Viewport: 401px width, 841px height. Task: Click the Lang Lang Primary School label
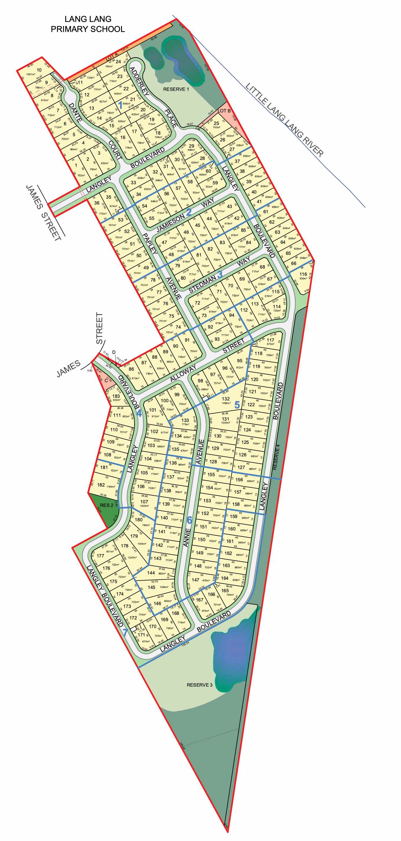tap(88, 24)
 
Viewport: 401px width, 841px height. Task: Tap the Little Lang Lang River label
tap(284, 119)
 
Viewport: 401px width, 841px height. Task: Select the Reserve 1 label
tap(176, 89)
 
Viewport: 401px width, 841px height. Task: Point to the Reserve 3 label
tap(199, 685)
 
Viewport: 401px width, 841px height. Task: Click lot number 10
tap(39, 70)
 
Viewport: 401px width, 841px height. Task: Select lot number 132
tap(226, 399)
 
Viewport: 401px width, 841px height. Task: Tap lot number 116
tap(303, 274)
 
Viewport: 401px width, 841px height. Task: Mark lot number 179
tap(134, 536)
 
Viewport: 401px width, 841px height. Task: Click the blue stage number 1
tap(120, 105)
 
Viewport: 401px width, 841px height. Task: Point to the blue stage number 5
tap(237, 405)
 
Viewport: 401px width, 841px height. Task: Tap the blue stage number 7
tap(125, 632)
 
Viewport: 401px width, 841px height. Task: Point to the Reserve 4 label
tap(277, 457)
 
